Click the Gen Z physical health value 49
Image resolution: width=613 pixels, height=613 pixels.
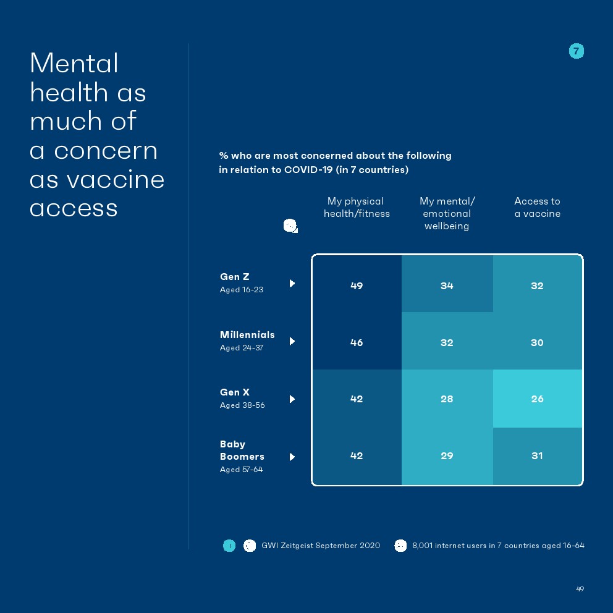point(357,285)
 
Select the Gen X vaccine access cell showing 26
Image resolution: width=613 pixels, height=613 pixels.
point(537,399)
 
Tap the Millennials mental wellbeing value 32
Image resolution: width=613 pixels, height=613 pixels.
point(447,342)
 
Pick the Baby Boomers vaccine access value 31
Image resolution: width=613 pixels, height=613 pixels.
point(537,455)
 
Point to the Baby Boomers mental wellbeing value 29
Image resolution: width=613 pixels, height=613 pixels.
point(447,455)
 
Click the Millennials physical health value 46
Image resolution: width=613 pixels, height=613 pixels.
point(357,342)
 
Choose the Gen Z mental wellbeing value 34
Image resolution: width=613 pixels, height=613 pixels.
point(447,285)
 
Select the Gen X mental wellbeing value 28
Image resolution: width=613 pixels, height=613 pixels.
point(447,399)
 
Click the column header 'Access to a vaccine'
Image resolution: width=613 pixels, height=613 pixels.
point(537,208)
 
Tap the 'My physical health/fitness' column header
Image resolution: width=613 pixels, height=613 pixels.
point(357,208)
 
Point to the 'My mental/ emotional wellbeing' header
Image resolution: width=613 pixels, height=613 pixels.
point(447,213)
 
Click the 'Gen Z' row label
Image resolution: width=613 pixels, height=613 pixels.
point(235,277)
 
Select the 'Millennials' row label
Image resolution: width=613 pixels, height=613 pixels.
point(247,335)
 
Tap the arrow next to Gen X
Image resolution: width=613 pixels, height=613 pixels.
point(292,399)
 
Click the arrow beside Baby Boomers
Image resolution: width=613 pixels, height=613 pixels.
point(292,457)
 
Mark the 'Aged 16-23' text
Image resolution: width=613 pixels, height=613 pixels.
point(242,290)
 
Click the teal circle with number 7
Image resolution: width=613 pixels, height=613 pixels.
point(576,51)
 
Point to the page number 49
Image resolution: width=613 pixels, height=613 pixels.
point(580,589)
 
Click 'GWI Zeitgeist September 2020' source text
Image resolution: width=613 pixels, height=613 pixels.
point(321,546)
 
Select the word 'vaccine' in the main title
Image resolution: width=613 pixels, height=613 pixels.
point(116,180)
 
